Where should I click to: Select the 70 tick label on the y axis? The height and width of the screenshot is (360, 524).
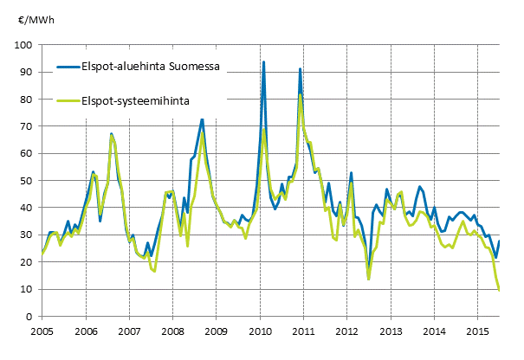pos(28,126)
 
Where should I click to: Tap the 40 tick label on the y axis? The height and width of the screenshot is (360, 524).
pos(28,208)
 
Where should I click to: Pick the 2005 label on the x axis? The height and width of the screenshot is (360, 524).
pos(42,331)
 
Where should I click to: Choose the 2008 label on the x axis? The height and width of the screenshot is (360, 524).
pos(172,331)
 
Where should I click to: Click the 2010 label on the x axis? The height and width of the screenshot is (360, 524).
pos(260,331)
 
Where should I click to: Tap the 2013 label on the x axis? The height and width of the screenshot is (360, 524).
pos(391,331)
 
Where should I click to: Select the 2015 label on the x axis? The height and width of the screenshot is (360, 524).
pos(479,331)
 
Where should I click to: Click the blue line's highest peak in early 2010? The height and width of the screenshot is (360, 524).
pos(263,62)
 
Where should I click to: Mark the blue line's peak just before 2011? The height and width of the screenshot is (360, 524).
pos(300,69)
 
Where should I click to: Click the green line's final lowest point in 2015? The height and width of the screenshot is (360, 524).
pos(500,290)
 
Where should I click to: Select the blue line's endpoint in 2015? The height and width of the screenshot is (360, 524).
pos(500,241)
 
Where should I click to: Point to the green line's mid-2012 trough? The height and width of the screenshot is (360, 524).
pos(368,279)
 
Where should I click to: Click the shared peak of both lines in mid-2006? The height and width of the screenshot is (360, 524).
pos(112,134)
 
